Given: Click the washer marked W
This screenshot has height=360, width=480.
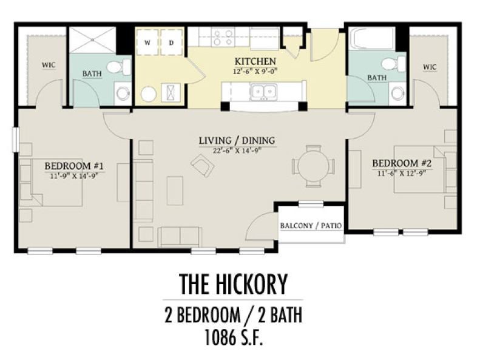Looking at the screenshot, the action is pos(147,42).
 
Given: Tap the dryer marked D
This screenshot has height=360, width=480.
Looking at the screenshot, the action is pos(171,42).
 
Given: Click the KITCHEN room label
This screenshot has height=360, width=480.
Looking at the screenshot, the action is pos(255,61).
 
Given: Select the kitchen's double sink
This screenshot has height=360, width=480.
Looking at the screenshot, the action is pos(263,91).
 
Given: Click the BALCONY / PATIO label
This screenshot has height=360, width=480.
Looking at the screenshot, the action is pos(311,226).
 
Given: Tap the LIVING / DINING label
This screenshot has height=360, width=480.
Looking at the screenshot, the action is pos(237,141).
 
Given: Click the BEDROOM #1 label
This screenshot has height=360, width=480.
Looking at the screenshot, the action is pos(74,166).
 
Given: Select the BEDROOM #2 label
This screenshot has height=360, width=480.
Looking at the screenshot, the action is pos(402,163).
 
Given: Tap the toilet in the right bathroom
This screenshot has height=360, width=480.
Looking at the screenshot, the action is pos(393,64).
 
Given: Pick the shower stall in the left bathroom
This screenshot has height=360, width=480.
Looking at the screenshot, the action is pos(93,40).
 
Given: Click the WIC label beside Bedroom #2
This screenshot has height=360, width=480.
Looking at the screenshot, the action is pos(430,67).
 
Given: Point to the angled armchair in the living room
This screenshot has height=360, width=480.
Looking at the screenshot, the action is pos(202,165).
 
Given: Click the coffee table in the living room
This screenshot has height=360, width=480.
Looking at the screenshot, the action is pos(175,191).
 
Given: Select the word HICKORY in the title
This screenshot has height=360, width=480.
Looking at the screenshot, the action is pos(252,284).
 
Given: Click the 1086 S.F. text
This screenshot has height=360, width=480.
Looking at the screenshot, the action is pos(234,338).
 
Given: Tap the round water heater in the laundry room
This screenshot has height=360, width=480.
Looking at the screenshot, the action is pos(149,94).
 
